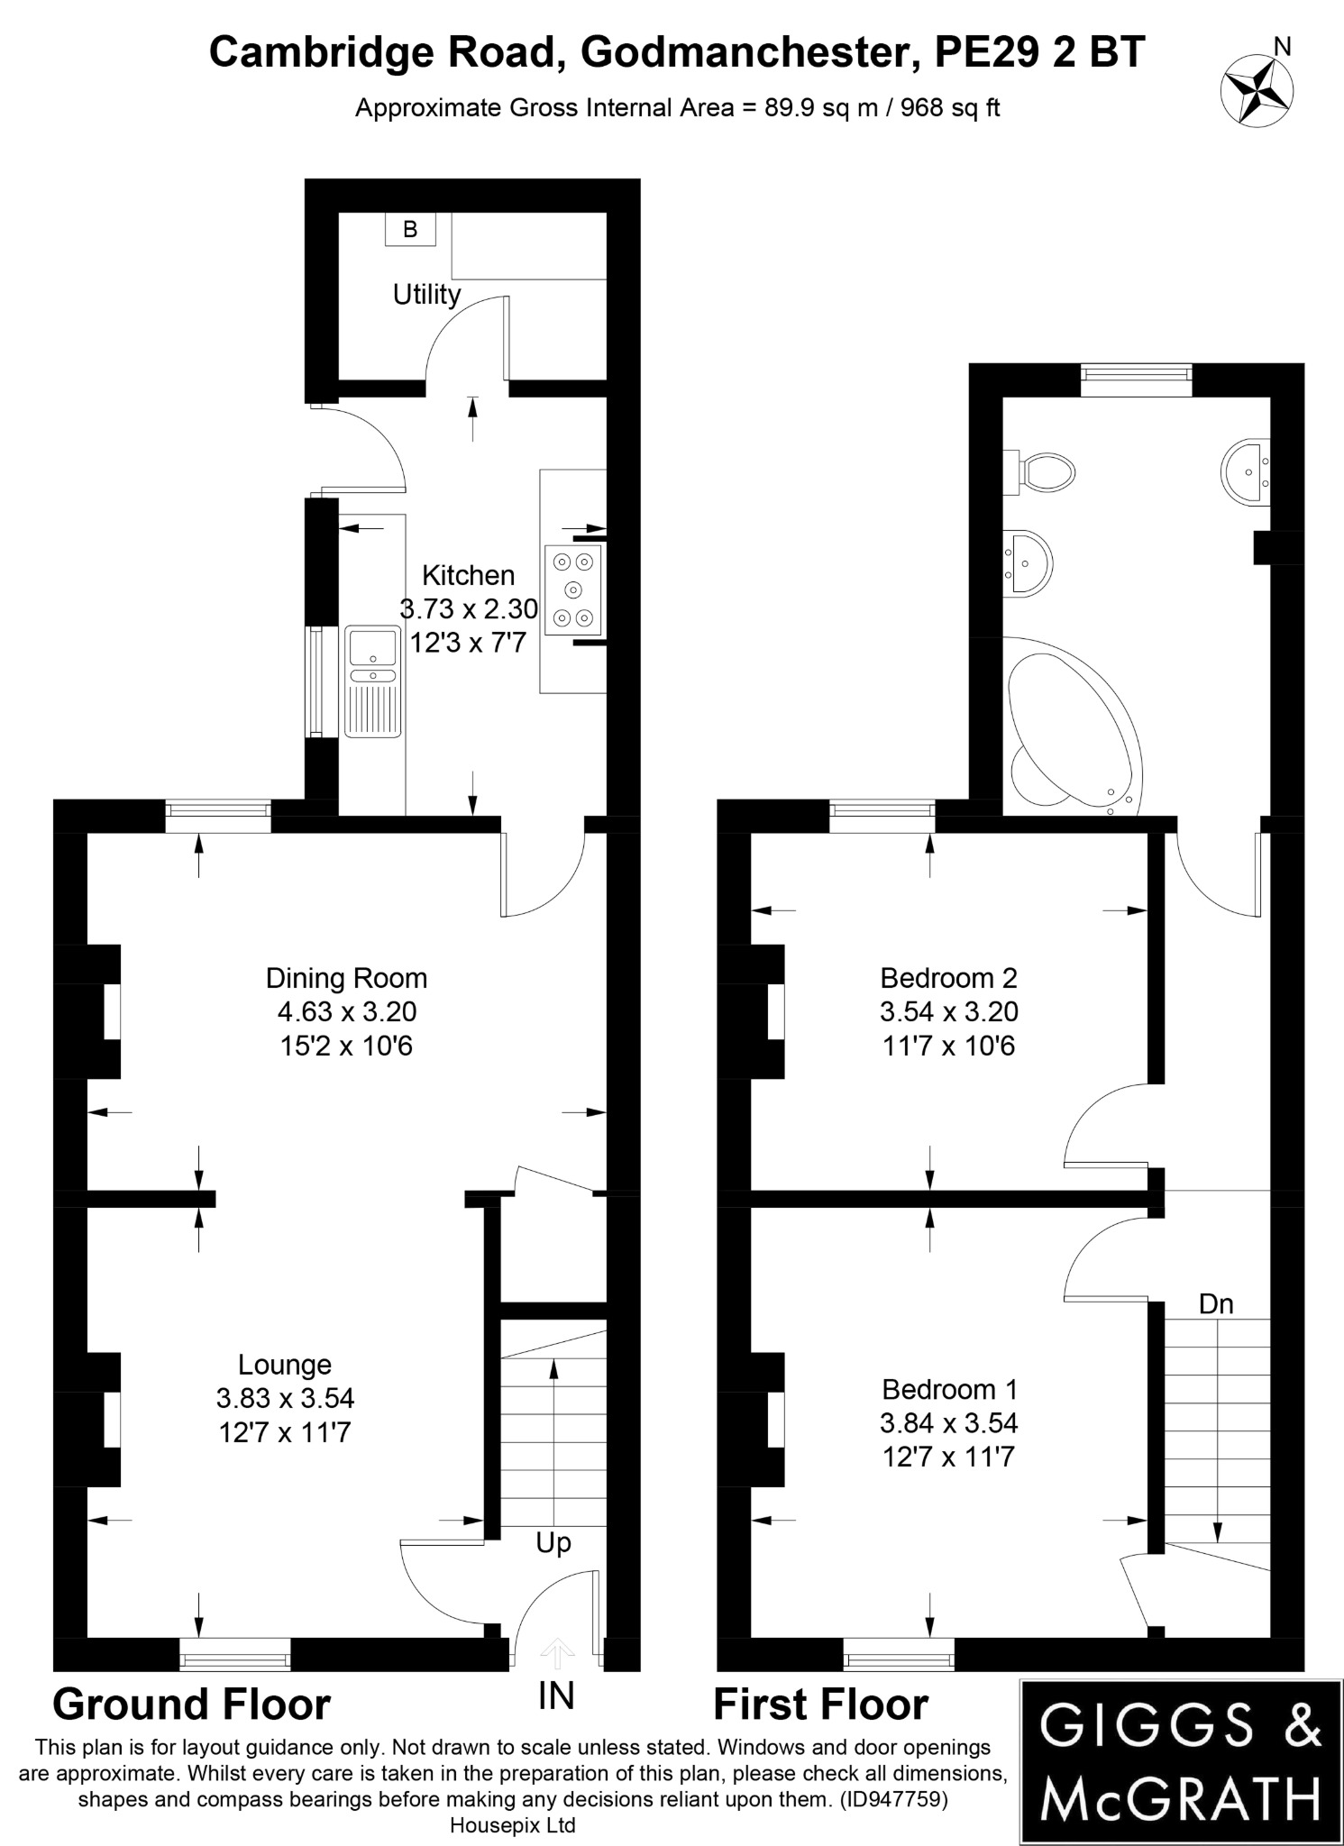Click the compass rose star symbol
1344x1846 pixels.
pos(1256,89)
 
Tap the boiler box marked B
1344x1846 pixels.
pos(410,229)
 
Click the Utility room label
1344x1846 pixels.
pos(426,295)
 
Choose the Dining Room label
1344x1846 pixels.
pos(346,978)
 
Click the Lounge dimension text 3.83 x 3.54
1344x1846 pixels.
pos(285,1398)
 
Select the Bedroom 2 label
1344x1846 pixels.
pos(948,978)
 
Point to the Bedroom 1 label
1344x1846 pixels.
pos(948,1389)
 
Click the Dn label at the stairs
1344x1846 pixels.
pos(1216,1304)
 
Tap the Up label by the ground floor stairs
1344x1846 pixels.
pos(553,1543)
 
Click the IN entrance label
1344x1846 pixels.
pos(555,1696)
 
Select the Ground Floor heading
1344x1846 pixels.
pos(192,1705)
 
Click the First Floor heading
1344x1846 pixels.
pos(820,1705)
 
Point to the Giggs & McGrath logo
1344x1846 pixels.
pos(1180,1760)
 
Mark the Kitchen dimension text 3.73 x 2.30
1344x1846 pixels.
pos(469,609)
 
